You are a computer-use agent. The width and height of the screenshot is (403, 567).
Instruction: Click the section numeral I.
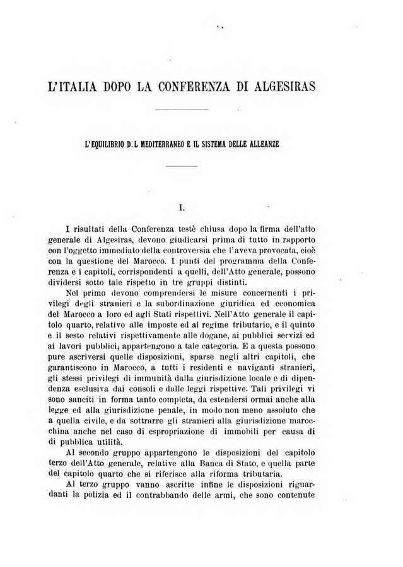(x=182, y=205)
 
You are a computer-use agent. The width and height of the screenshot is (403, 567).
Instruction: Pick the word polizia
(x=115, y=495)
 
